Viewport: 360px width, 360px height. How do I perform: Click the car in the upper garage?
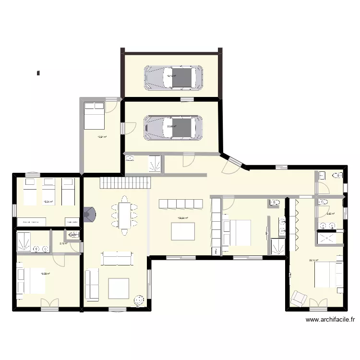(x=173, y=77)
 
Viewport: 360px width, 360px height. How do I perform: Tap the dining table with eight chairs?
(x=125, y=215)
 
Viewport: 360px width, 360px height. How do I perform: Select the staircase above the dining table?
(x=125, y=182)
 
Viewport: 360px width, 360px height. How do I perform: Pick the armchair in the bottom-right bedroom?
(x=299, y=299)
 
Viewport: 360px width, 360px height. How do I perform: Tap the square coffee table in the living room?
(x=119, y=288)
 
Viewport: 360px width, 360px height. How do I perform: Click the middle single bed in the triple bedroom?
(x=48, y=191)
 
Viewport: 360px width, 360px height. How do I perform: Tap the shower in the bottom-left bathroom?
(x=24, y=241)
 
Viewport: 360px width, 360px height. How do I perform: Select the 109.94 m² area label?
(x=183, y=218)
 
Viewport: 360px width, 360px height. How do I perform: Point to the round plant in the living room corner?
(x=139, y=300)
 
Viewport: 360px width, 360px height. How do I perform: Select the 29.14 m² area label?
(x=314, y=261)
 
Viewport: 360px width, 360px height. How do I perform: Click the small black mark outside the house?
(x=37, y=73)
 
